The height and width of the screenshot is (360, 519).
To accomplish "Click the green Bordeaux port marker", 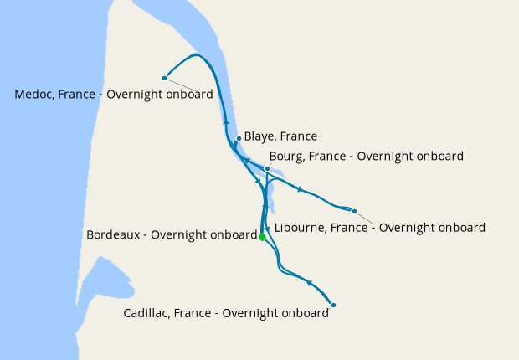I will pos(262,238).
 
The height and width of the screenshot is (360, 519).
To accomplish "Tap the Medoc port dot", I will pos(165,78).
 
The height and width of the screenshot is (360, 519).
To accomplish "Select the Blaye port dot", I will pos(239,138).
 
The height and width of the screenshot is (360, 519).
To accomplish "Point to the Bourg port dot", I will pos(267,168).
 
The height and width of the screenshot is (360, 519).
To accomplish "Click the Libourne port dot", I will pos(354,211).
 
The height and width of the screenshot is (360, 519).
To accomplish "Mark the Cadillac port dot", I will pos(333,305).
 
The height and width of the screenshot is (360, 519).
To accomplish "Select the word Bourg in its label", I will pos(287,157).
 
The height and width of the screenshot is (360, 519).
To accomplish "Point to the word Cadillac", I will pos(148,314).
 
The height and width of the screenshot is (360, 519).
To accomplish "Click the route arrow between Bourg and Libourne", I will pos(299,189).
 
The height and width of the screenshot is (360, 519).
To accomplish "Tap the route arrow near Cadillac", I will pos(310,283).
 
